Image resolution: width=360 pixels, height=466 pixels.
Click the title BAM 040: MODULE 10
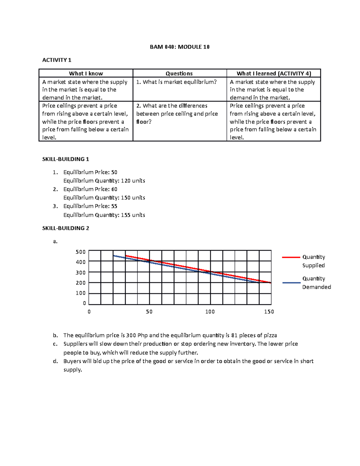click(x=180, y=47)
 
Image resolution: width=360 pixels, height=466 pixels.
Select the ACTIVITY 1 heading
click(x=57, y=60)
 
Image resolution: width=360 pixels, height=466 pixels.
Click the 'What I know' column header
click(x=86, y=74)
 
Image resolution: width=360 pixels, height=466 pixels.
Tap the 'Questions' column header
click(x=179, y=74)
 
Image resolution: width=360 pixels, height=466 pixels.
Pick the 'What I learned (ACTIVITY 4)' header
click(x=274, y=74)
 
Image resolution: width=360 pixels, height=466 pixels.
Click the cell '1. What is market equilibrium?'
click(x=176, y=82)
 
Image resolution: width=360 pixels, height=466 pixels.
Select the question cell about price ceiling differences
click(x=177, y=114)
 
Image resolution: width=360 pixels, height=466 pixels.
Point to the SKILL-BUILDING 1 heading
click(x=66, y=159)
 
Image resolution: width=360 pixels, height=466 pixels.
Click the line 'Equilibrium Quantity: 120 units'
click(x=104, y=181)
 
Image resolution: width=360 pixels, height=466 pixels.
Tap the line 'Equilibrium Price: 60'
click(x=90, y=189)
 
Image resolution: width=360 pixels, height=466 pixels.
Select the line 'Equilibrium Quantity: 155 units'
click(x=104, y=215)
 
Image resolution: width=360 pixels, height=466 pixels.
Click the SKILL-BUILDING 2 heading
click(x=66, y=228)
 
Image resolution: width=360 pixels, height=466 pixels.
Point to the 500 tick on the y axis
click(x=81, y=252)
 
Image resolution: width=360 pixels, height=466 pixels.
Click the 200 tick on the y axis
click(x=81, y=283)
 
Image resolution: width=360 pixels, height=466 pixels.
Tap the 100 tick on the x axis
click(x=210, y=312)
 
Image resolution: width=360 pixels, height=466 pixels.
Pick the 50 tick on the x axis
click(x=149, y=312)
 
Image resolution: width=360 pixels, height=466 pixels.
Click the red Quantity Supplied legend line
click(x=291, y=257)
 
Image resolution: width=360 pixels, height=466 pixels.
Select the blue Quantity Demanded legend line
click(x=291, y=283)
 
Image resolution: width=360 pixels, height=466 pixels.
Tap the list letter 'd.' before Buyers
click(x=55, y=361)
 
